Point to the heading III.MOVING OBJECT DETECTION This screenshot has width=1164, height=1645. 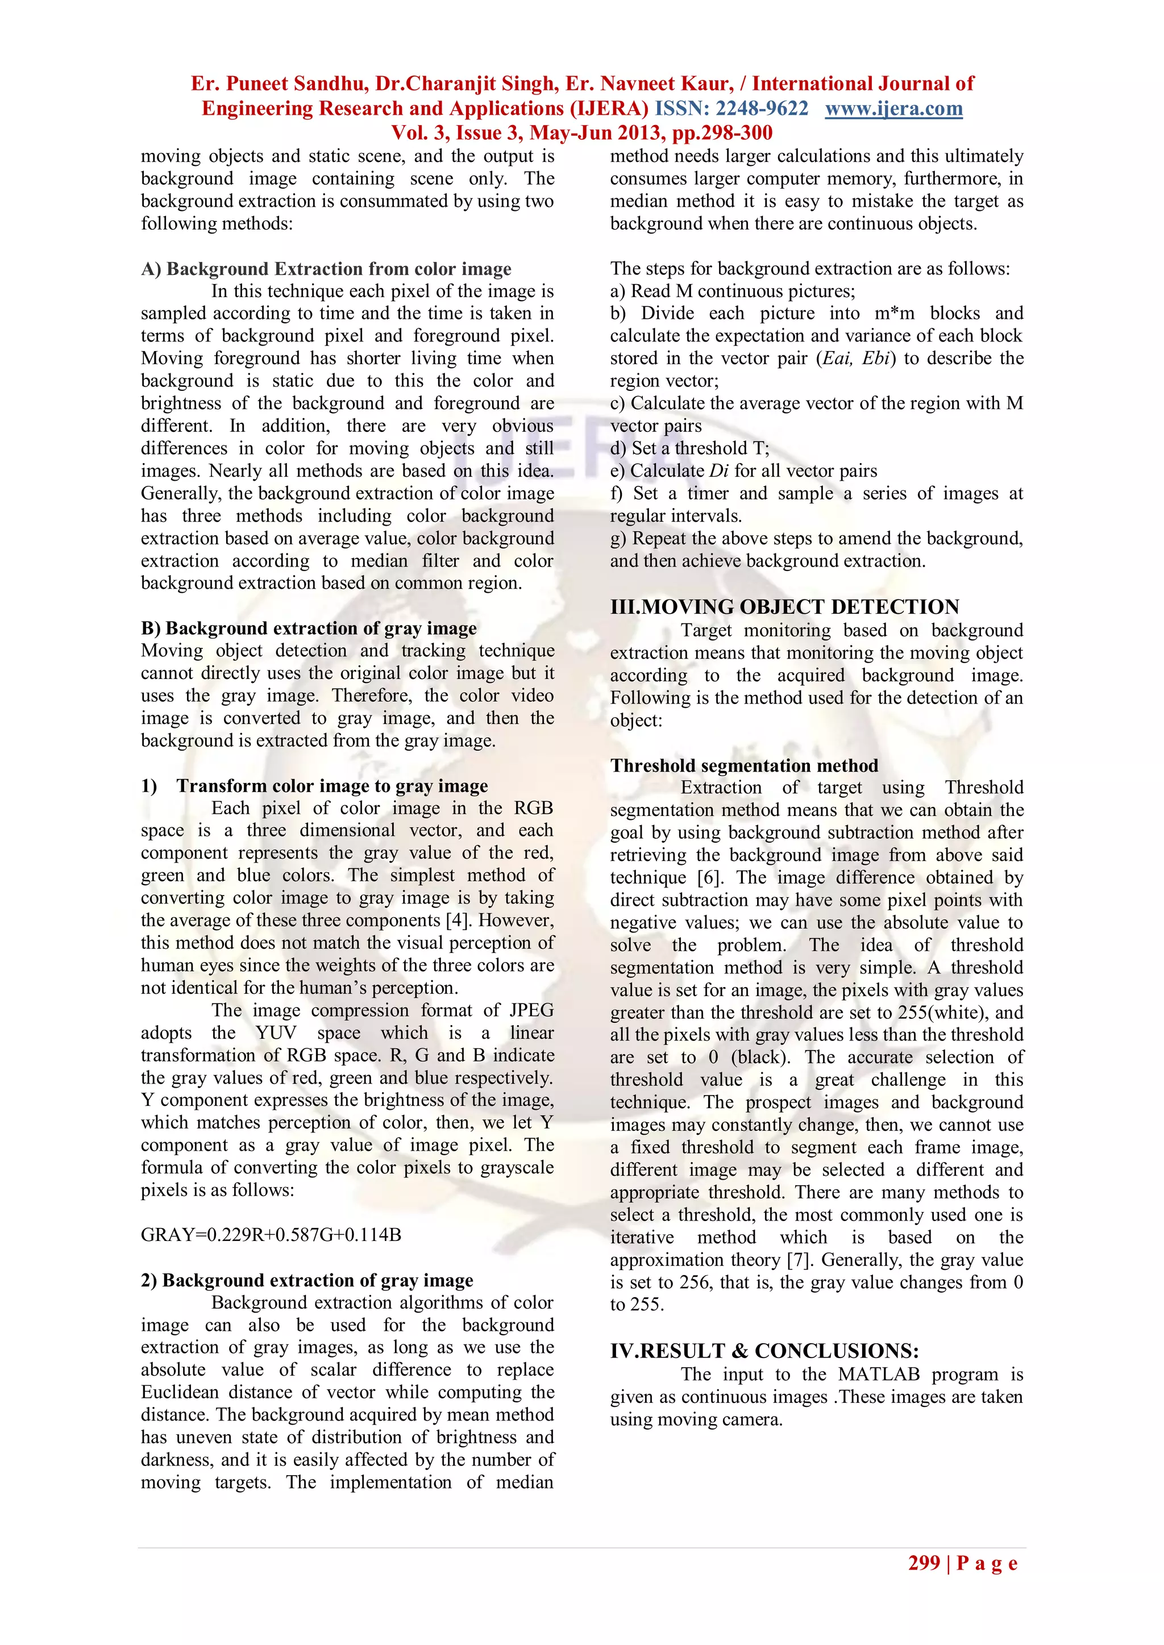784,607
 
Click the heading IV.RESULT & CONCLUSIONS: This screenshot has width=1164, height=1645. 764,1351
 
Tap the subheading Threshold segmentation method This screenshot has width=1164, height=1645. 744,765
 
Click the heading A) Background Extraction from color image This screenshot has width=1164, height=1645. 326,269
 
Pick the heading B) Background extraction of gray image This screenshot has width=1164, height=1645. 309,628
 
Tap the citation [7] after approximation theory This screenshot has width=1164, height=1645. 799,1260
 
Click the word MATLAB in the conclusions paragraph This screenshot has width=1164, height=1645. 879,1374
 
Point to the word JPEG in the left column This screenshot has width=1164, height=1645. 531,1010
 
